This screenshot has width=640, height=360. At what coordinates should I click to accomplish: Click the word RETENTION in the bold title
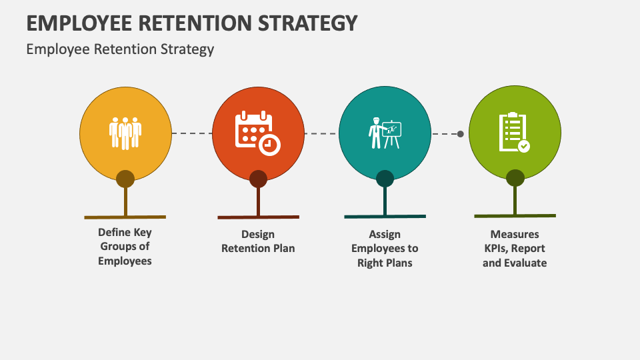point(195,23)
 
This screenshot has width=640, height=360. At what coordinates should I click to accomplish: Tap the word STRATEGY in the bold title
point(308,23)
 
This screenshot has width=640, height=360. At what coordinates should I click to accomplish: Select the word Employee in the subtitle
point(57,49)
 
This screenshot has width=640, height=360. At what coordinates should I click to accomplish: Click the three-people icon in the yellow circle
point(125,133)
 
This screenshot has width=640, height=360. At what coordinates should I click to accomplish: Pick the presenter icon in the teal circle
point(385,133)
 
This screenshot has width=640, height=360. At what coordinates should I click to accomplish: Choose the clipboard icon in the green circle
point(514,133)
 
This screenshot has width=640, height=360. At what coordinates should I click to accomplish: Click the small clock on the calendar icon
point(269,145)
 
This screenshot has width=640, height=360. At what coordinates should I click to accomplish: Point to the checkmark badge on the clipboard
point(524,146)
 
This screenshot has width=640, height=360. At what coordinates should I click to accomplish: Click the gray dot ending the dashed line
point(461,134)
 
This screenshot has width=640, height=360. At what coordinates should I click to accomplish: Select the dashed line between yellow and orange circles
point(192,133)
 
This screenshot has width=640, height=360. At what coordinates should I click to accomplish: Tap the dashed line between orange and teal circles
point(321,133)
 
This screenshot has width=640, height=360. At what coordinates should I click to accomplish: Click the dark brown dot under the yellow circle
point(125,179)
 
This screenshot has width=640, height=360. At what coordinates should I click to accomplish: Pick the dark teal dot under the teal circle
point(385,179)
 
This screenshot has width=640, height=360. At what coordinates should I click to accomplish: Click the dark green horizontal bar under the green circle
point(515,215)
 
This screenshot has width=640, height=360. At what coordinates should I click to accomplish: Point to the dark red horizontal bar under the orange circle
point(259,217)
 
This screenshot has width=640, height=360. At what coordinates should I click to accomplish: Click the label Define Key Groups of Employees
point(125,247)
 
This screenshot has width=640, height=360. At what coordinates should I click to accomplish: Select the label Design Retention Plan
point(258,241)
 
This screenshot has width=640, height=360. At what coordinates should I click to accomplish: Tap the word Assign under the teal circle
point(385,235)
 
